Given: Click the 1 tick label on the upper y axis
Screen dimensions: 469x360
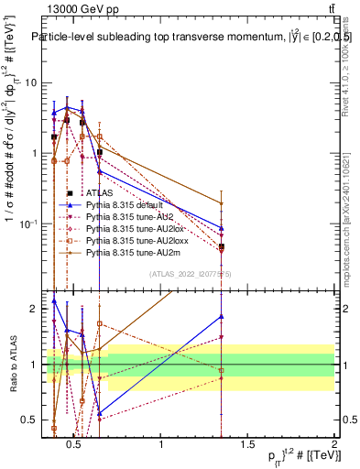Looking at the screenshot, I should click(32, 153).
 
